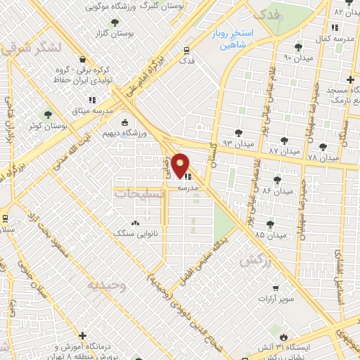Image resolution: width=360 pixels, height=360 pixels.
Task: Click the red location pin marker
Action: (x=181, y=165)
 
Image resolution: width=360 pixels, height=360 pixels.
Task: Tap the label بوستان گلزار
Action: (x=116, y=33)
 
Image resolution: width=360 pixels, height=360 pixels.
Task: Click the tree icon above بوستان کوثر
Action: (x=48, y=113)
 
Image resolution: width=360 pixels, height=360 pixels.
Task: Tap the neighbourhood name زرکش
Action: (x=256, y=260)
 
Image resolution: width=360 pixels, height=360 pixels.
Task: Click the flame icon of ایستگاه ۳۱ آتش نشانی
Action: (x=284, y=330)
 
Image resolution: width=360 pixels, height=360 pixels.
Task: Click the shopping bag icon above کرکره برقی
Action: (x=84, y=60)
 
